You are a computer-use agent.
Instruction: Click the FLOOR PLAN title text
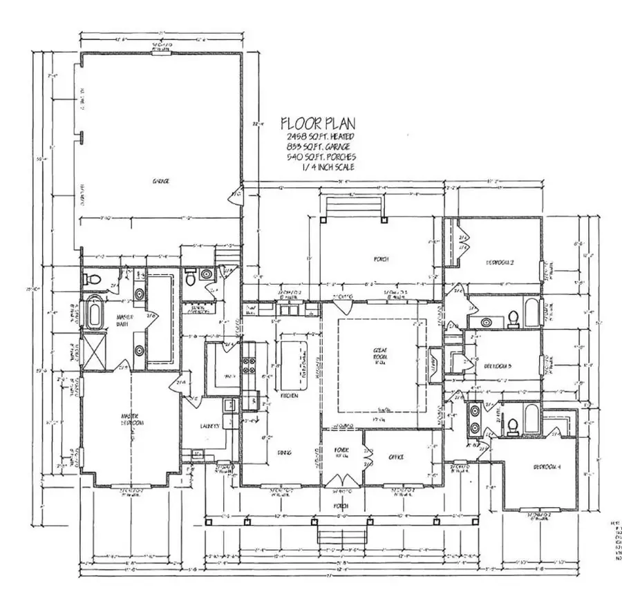(318, 124)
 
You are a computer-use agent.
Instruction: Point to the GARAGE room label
(161, 181)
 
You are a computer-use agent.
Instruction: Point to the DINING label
(283, 454)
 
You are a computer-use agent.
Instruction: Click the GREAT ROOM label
(379, 356)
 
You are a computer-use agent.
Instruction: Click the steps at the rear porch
(354, 206)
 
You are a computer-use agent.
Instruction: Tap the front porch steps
(341, 535)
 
